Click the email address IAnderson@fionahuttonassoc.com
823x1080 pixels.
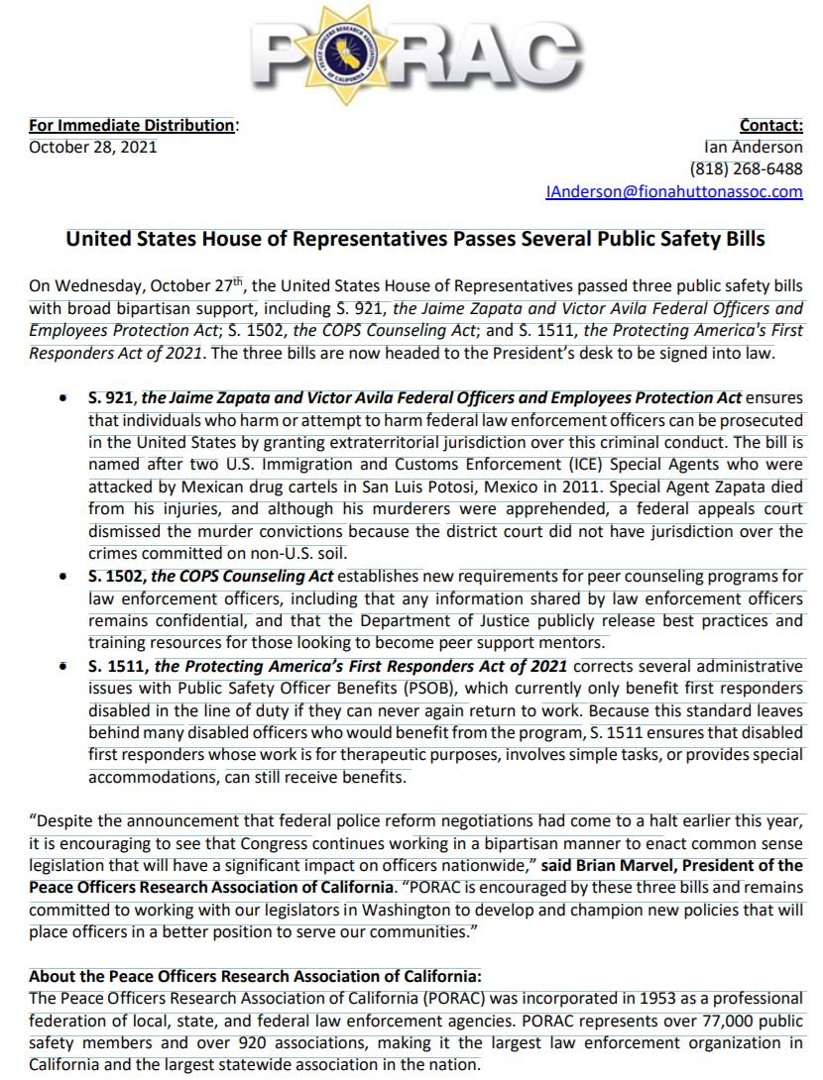pos(674,191)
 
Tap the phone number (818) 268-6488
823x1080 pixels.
pos(746,168)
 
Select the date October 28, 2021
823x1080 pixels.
pos(92,147)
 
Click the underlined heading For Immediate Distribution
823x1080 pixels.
pos(131,125)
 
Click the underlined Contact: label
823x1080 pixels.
pos(770,125)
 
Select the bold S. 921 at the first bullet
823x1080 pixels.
pos(107,398)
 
